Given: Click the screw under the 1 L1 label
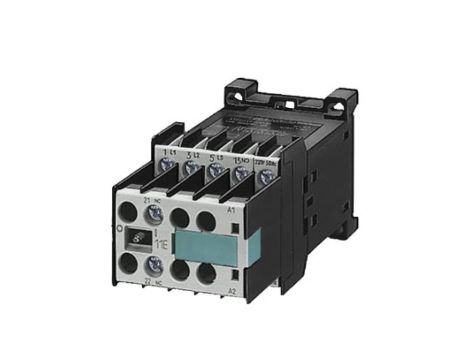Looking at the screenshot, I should (x=166, y=166).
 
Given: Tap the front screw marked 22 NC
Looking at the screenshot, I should (x=153, y=265).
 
